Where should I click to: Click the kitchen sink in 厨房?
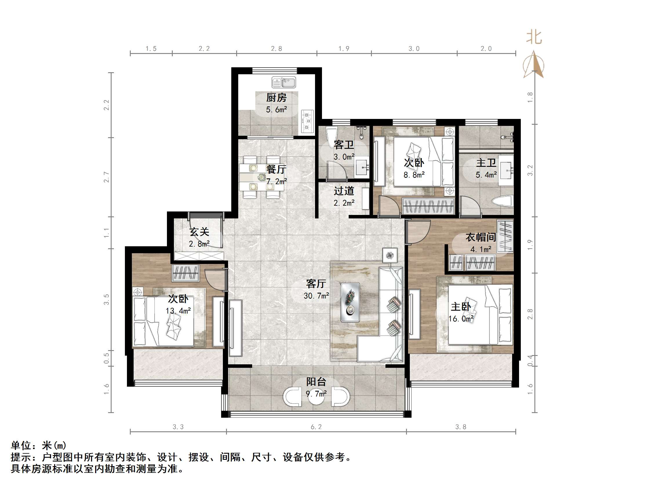click(x=283, y=82)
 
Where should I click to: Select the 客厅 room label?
click(x=316, y=283)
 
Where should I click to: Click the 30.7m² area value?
click(x=316, y=296)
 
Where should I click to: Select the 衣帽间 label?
click(x=481, y=237)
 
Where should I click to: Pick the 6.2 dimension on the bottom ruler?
click(x=316, y=427)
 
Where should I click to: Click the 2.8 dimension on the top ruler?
click(x=276, y=49)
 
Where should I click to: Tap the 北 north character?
click(x=534, y=38)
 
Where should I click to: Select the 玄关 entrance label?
click(x=199, y=232)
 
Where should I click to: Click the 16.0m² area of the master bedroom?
click(x=461, y=319)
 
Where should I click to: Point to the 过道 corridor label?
click(x=344, y=191)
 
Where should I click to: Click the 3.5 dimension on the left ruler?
click(x=107, y=299)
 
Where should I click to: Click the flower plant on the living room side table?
click(x=390, y=256)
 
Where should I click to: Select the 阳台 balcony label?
click(x=316, y=381)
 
